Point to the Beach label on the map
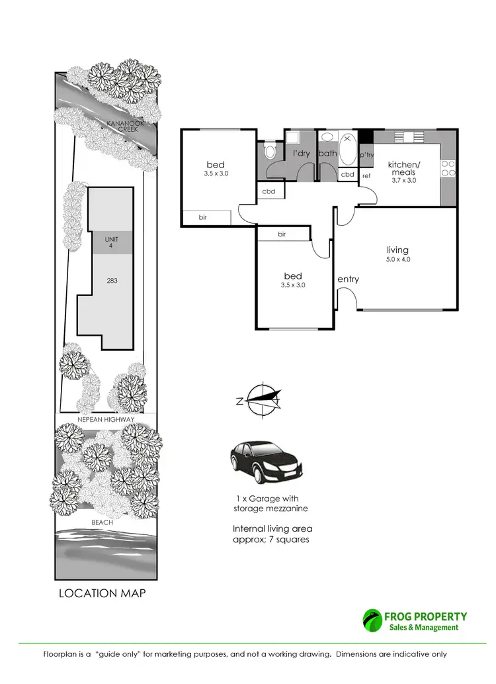tap(103, 522)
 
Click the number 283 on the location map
tap(112, 281)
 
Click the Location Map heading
tap(103, 593)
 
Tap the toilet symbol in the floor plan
tap(269, 152)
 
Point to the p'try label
tap(366, 155)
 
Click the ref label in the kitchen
tap(366, 176)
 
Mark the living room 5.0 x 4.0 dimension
tap(399, 260)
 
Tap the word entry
tap(348, 279)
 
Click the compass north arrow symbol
tap(263, 399)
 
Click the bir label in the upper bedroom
tap(203, 217)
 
